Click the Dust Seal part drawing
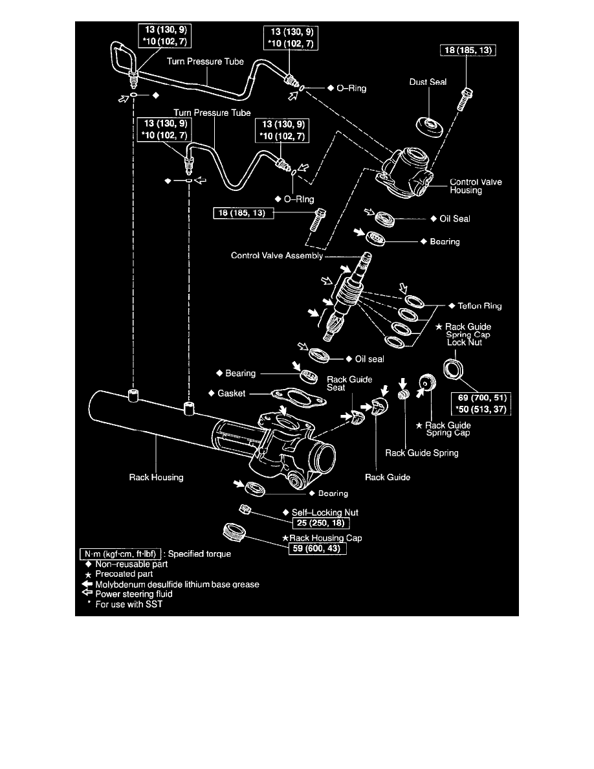[430, 126]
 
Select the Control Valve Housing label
[476, 187]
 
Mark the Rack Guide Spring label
[422, 452]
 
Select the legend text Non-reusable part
[131, 564]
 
